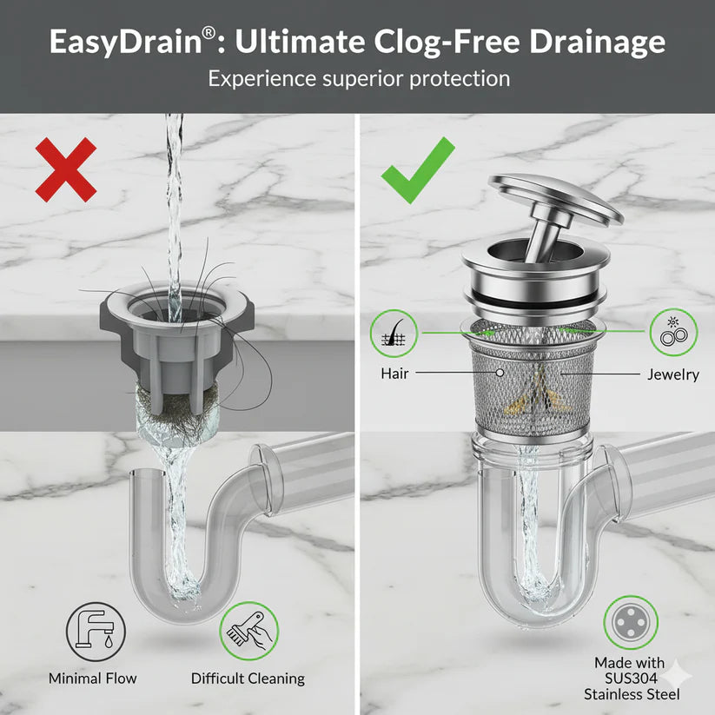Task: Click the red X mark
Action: (x=66, y=169)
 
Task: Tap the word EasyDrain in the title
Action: (x=126, y=42)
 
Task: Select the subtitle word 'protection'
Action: (x=460, y=79)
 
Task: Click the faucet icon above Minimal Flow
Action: (x=96, y=632)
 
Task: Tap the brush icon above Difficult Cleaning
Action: (x=249, y=632)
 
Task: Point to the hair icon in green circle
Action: (x=394, y=334)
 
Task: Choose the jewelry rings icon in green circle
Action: (x=673, y=332)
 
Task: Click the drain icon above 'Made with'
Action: (x=631, y=622)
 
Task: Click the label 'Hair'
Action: (x=394, y=374)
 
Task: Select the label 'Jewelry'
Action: (x=673, y=374)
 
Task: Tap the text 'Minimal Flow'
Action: (x=93, y=678)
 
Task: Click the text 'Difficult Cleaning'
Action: (x=248, y=679)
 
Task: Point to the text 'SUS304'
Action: (x=631, y=678)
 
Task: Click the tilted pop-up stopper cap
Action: (x=556, y=200)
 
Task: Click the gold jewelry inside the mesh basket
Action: (x=537, y=392)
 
